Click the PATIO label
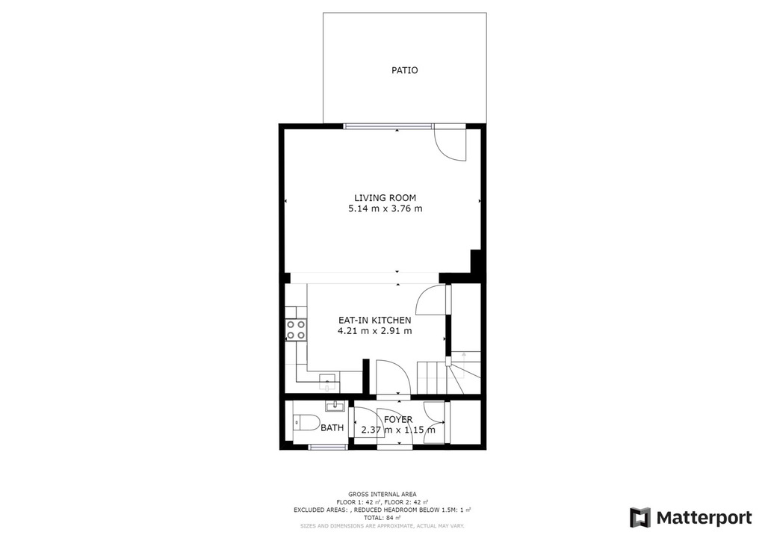[404, 70]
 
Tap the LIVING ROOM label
[385, 197]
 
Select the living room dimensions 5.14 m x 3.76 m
[385, 208]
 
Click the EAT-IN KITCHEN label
[375, 320]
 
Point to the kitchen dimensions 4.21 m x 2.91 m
[375, 331]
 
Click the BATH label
[332, 428]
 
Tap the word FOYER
[398, 419]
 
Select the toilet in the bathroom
[306, 422]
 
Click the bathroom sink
[335, 406]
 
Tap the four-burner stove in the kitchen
[296, 330]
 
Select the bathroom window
[328, 446]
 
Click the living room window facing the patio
[388, 126]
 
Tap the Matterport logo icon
[640, 518]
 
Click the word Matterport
[704, 518]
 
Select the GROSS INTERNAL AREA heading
[382, 494]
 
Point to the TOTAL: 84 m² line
[382, 518]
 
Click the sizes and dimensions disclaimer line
[382, 526]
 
